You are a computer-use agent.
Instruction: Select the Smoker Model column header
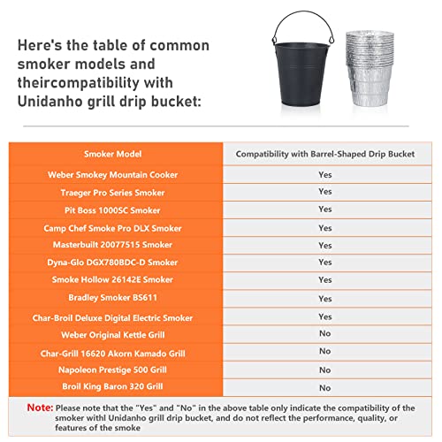point(117,154)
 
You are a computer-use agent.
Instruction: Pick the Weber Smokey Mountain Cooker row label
point(117,174)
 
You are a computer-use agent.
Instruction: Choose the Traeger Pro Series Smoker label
point(117,192)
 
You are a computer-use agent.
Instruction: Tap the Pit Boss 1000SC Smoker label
point(117,210)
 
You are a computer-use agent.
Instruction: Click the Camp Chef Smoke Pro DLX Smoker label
point(117,227)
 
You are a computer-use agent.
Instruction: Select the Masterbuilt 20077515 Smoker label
point(117,245)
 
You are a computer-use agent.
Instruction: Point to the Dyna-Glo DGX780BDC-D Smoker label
point(117,263)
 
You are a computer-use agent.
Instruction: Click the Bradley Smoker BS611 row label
point(117,299)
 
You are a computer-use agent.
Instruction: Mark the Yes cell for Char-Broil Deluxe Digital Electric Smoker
point(325,316)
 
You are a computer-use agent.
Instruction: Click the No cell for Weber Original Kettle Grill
point(325,334)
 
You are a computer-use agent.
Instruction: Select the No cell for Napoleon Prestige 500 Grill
point(325,370)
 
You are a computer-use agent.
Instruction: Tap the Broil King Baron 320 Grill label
point(117,387)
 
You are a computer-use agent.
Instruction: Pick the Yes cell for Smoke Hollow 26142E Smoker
point(325,280)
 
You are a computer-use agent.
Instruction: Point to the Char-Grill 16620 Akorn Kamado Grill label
point(117,352)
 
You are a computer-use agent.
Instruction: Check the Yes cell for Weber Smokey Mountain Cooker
point(325,174)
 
